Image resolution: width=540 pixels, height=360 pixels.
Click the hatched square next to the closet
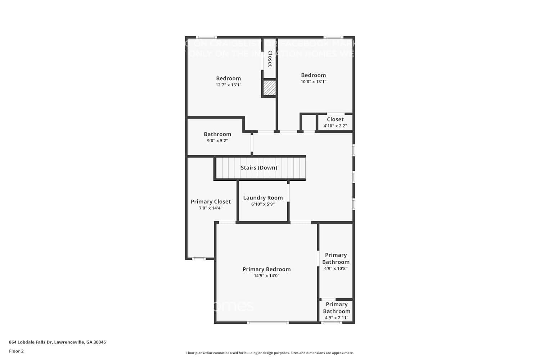point(269,88)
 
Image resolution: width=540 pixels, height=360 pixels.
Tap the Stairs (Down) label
point(259,168)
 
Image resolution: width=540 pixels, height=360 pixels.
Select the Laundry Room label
point(263,198)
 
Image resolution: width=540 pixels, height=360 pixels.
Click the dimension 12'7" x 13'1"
point(228,85)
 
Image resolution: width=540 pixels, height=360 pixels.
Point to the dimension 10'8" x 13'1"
point(313,82)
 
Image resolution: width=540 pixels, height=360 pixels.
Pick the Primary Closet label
point(211,202)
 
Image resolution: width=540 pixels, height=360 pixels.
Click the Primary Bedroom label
point(266,269)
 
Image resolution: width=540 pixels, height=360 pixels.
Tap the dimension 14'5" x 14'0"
point(266,276)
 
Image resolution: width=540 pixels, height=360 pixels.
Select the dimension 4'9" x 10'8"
point(336,269)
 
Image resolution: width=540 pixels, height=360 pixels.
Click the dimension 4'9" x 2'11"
point(336,318)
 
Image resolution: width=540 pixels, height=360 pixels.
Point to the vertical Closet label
point(270,59)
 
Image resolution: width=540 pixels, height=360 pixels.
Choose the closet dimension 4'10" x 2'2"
point(335,126)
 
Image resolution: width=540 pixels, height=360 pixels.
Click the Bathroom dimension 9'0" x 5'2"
point(217,141)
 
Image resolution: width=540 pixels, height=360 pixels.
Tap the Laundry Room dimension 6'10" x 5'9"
point(263,204)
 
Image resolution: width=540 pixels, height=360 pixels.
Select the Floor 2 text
point(16,351)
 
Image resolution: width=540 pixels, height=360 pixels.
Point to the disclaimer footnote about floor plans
point(270,353)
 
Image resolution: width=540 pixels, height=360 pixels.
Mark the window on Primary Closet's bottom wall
point(198,258)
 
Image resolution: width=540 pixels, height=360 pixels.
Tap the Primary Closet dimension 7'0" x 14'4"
point(211,208)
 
